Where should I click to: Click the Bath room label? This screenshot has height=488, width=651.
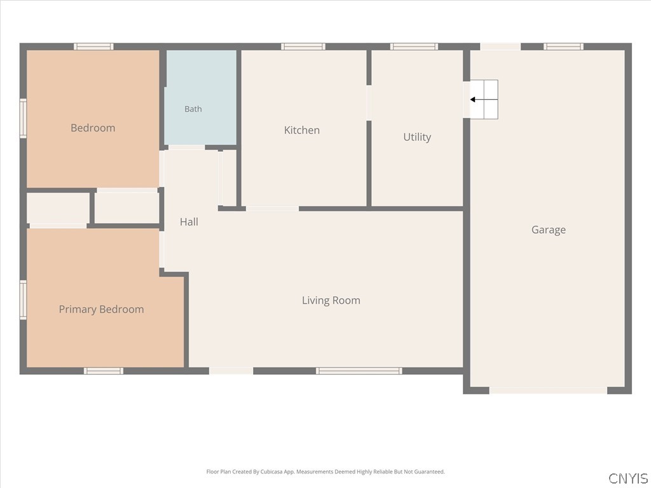193,109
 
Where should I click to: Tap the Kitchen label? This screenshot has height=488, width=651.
302,130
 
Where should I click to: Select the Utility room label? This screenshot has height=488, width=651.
417,137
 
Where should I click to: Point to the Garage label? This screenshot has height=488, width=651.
549,230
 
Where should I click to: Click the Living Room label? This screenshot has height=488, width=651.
331,301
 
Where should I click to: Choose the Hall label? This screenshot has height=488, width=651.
189,222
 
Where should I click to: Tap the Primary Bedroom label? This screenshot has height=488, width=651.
101,309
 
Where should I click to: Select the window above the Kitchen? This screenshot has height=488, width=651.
303,46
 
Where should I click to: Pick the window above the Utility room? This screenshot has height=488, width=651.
414,46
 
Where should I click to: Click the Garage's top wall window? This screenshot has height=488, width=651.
563,46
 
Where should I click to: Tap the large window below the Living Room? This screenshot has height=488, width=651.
359,371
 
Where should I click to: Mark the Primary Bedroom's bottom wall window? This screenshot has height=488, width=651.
104,371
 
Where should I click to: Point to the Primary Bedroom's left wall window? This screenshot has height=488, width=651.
24,300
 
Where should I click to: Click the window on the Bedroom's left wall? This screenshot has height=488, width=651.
24,118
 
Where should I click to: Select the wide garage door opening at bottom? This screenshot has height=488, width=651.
548,391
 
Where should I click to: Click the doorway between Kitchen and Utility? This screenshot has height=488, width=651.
369,103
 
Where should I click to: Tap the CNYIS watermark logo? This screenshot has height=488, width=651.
627,478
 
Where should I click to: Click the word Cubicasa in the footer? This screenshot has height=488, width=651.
269,472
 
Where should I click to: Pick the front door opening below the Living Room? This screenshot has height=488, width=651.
231,371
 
